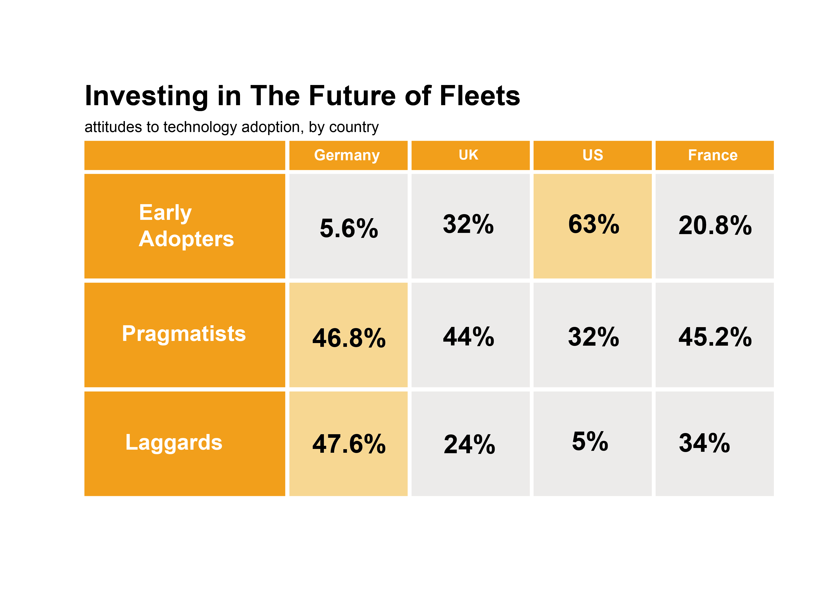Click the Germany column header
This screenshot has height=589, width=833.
(x=347, y=155)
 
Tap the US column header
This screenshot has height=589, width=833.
(x=592, y=155)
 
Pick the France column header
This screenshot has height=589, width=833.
(x=713, y=155)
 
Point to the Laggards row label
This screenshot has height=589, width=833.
(x=174, y=443)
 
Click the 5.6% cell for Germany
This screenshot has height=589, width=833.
(x=349, y=228)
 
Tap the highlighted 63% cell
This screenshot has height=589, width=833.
(x=594, y=224)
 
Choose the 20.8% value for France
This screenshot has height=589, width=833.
(x=715, y=226)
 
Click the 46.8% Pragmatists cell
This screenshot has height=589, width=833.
(x=349, y=338)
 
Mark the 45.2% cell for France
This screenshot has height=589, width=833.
(x=715, y=337)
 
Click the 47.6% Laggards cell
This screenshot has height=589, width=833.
(x=349, y=444)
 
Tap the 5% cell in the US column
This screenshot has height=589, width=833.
(x=590, y=442)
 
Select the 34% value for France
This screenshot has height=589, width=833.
(x=704, y=443)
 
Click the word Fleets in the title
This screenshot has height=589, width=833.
(x=480, y=96)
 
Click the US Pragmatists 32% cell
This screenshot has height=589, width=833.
(x=594, y=337)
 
